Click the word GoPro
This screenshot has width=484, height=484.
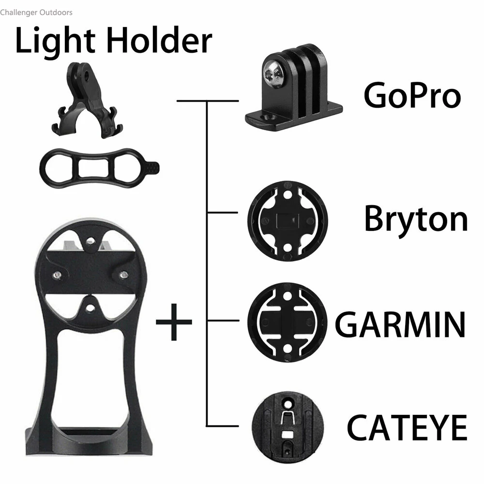pyautogui.click(x=412, y=96)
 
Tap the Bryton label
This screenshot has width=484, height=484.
pyautogui.click(x=416, y=219)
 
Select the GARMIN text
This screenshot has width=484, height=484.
pyautogui.click(x=400, y=324)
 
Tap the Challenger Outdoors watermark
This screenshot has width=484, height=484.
pyautogui.click(x=36, y=12)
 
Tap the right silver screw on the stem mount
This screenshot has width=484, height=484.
pyautogui.click(x=123, y=275)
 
